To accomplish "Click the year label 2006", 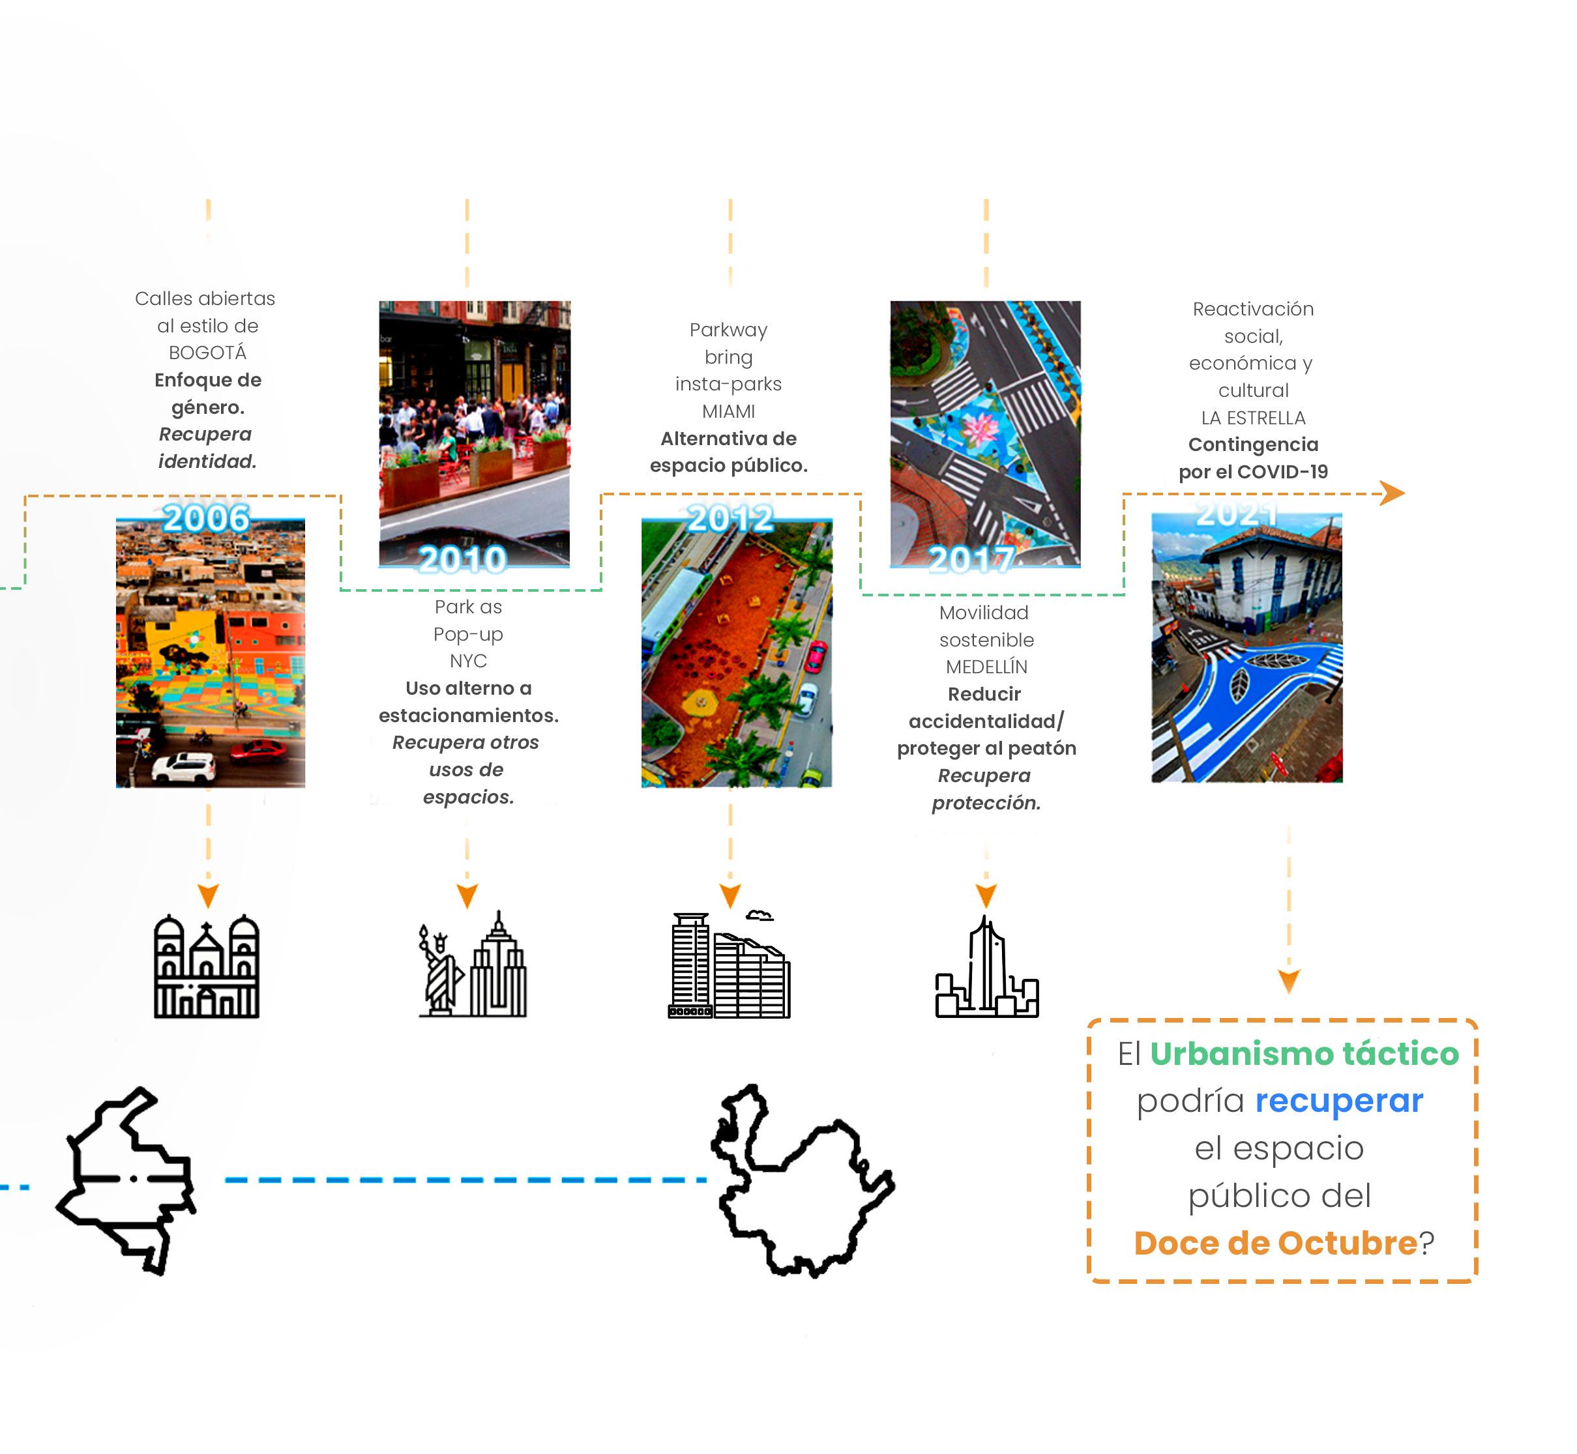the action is point(206,519).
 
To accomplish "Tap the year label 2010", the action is point(463,559).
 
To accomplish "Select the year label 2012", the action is point(730,519).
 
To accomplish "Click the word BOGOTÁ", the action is point(208,353).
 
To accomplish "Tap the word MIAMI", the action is point(728,411).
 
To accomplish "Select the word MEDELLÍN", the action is point(986,667).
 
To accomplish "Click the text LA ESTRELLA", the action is point(1253,418).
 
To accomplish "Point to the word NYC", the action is point(468,661).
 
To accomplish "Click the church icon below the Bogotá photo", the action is point(207,967).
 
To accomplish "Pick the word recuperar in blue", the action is point(1338,1101).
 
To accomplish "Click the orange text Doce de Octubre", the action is point(1275,1243).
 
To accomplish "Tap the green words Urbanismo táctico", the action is point(1304,1054).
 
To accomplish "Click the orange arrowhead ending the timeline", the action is point(1393,493).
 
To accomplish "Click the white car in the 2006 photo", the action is point(183,766).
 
